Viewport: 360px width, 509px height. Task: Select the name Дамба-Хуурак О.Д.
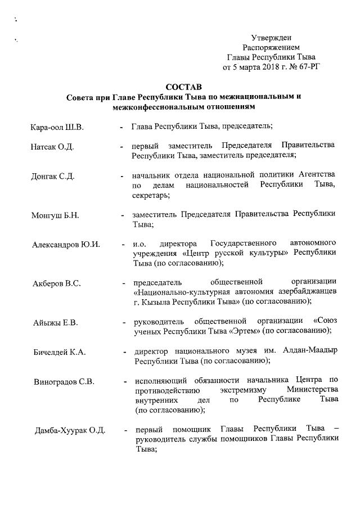(x=70, y=431)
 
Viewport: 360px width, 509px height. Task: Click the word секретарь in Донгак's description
(x=151, y=195)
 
